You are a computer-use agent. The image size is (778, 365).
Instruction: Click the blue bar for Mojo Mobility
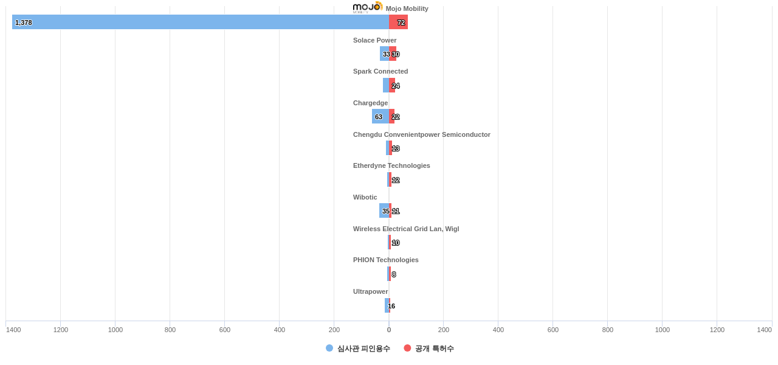coord(201,22)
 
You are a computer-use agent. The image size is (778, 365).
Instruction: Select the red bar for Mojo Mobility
coord(398,22)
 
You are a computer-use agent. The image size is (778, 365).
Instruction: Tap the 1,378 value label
coord(24,23)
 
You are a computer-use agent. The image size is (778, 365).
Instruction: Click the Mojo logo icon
coord(367,7)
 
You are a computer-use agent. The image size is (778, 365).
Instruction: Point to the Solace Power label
coord(374,40)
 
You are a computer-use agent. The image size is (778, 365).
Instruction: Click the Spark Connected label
coord(380,71)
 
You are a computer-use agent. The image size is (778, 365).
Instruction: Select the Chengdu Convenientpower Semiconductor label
coord(421,134)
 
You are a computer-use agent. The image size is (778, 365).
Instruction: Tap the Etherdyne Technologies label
coord(391,165)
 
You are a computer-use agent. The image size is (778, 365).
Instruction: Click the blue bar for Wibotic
coord(384,210)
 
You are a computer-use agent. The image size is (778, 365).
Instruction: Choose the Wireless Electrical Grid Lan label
coord(405,229)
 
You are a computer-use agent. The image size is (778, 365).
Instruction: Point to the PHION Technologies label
coord(385,260)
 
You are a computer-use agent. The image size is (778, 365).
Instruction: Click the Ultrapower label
coord(370,291)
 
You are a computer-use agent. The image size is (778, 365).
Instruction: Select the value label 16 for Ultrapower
coord(391,306)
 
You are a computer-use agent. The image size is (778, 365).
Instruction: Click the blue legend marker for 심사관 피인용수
coord(329,348)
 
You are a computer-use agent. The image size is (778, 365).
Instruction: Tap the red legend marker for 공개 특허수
coord(407,348)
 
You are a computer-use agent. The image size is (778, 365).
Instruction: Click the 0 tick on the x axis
coord(389,330)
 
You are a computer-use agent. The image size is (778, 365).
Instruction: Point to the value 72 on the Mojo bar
coord(401,23)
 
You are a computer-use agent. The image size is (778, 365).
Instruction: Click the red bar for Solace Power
coord(393,54)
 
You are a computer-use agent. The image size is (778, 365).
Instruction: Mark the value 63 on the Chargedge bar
coord(379,117)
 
